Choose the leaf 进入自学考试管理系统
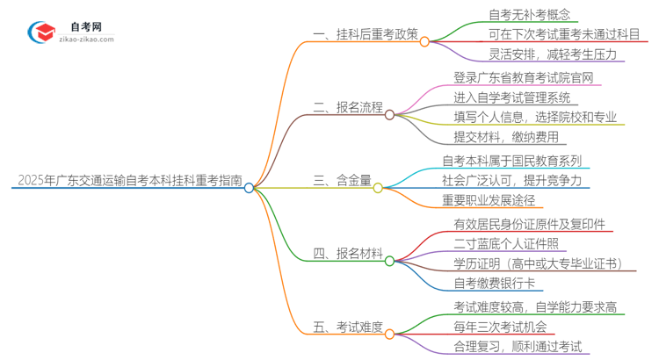pos(511,97)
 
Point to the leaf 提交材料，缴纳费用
pos(504,136)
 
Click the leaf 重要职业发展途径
pos(491,199)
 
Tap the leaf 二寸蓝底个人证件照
pos(506,243)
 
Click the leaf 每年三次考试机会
pos(497,327)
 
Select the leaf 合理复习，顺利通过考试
pos(518,346)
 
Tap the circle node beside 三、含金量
pos(378,187)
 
